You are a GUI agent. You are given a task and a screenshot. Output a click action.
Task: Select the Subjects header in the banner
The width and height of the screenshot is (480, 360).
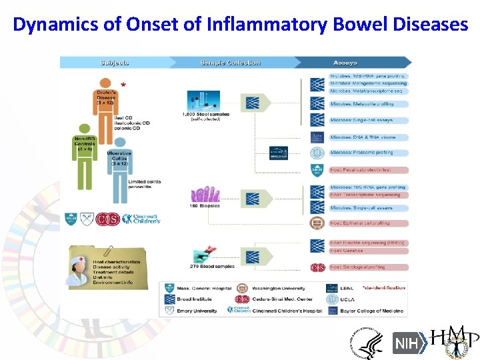(114, 63)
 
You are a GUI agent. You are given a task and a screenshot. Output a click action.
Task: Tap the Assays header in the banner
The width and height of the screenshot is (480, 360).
(346, 63)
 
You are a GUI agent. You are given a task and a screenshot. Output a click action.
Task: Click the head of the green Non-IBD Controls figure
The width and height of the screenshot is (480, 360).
(84, 129)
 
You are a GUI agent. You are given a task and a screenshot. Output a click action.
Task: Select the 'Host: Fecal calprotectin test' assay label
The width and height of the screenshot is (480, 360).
(362, 170)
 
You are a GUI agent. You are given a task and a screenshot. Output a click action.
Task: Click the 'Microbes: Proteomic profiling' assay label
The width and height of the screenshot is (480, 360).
(361, 153)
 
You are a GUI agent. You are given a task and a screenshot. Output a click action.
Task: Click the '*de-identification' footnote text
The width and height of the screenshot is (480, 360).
(383, 288)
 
